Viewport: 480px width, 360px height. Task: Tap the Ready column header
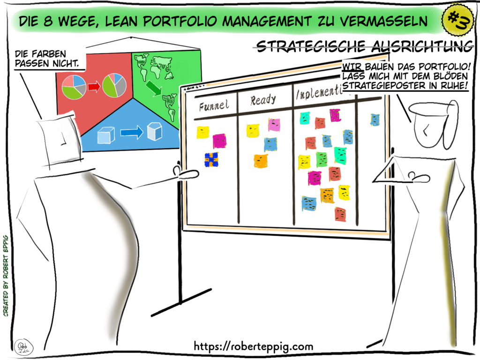263,100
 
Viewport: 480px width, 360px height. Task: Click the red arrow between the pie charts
94,87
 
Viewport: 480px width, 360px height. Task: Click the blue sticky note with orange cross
211,159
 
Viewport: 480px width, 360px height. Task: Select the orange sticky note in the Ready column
261,161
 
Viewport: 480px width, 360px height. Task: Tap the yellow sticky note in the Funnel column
202,132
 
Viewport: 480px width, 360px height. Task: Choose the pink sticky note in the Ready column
274,125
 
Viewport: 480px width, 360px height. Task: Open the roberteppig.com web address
254,346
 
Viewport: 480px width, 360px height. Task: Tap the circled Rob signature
21,346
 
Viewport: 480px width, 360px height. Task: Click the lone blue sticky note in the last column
375,120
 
